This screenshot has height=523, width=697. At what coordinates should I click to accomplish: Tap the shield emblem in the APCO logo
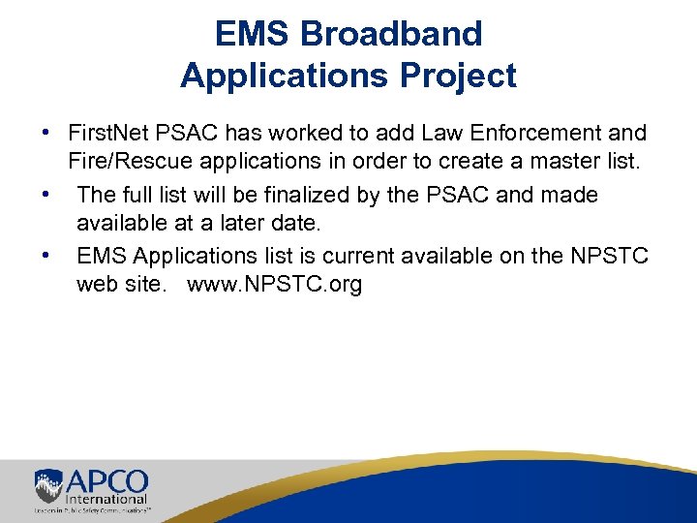47,485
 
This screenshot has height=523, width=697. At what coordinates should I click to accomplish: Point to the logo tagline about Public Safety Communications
96,509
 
